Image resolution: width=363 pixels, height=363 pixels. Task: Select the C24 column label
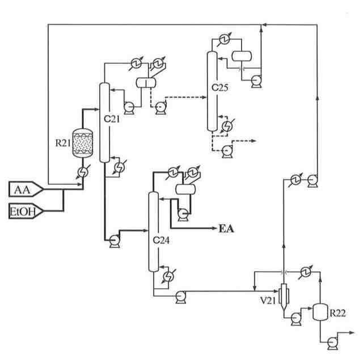[161, 240]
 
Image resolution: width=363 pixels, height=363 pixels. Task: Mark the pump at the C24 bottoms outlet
[181, 297]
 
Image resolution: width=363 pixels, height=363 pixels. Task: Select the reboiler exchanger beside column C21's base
[120, 166]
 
